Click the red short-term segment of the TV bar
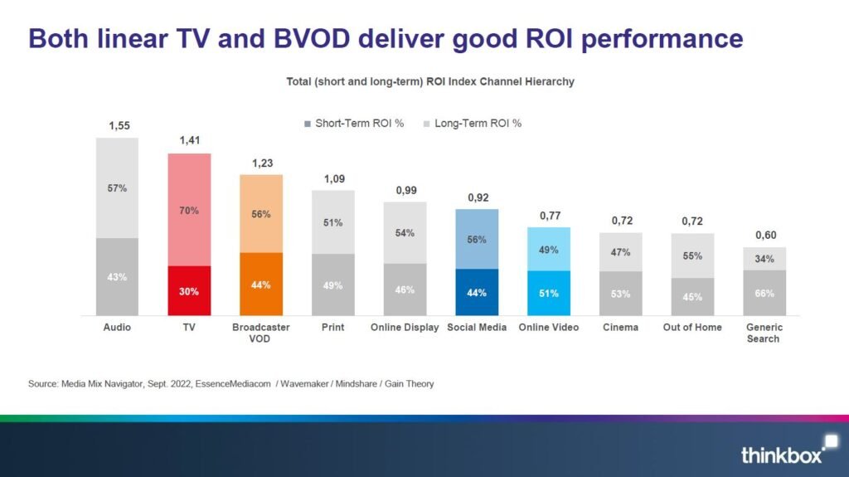click(x=189, y=290)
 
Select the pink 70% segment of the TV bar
click(x=189, y=210)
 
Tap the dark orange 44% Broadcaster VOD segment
click(x=261, y=284)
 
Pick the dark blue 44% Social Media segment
click(x=477, y=292)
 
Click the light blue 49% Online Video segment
click(x=548, y=250)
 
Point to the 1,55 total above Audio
click(x=119, y=126)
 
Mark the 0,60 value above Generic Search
click(x=764, y=236)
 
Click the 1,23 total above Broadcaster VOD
click(x=261, y=163)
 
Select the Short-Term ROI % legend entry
click(x=354, y=124)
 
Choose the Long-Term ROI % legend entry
click(x=473, y=124)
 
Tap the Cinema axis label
click(x=620, y=328)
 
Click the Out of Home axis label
click(x=691, y=328)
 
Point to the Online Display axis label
click(x=405, y=328)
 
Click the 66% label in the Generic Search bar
click(x=764, y=294)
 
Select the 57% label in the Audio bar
click(x=118, y=188)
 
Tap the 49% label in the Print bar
click(x=332, y=286)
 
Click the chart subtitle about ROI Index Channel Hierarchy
click(x=431, y=82)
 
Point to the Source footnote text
click(x=230, y=383)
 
